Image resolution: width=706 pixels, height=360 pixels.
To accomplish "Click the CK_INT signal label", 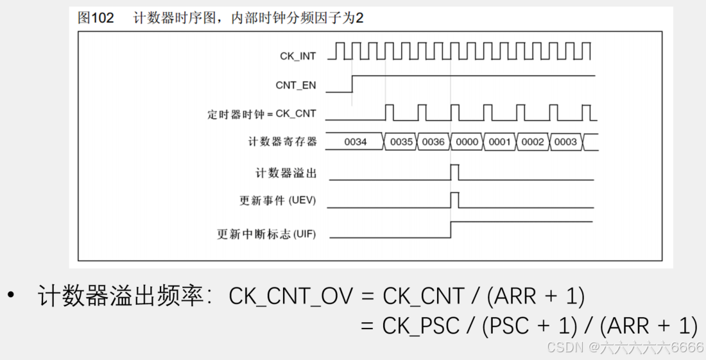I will point(298,56).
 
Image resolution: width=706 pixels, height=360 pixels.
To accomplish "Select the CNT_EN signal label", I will point(296,85).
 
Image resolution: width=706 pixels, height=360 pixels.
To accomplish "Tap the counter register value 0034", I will point(355,142).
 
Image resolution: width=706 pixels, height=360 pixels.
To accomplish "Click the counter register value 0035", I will point(401,142).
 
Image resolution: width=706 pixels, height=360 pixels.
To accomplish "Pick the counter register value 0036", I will point(433,142).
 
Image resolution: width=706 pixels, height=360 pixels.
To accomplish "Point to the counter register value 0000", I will point(467,142).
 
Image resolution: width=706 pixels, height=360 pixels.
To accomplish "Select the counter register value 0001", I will point(499,142).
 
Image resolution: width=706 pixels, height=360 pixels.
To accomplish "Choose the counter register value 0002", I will point(533,142).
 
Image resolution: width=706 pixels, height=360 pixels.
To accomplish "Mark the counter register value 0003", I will point(565,142).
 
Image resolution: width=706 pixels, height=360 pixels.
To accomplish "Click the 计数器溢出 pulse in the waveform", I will point(454,172).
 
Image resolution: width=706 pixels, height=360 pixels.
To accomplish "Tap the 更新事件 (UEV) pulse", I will point(454,200).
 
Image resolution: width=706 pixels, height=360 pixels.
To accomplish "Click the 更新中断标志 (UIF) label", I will point(266,234).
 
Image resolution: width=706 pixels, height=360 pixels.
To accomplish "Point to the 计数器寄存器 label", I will point(282,142).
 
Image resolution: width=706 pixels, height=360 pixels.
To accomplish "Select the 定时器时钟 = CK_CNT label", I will point(262,114).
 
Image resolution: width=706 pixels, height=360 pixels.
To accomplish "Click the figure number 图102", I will point(96,18).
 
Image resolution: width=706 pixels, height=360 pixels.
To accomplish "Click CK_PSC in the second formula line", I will point(421,326).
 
